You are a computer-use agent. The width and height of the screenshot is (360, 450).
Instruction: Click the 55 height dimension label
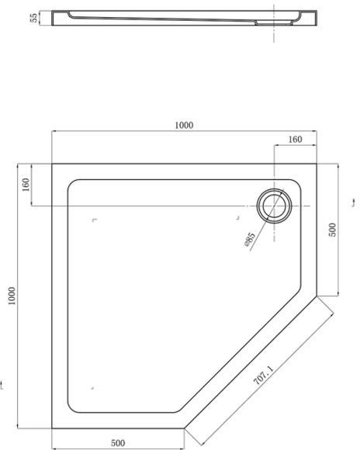pos(35,18)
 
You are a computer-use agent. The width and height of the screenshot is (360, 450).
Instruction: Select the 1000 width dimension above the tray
pos(184,126)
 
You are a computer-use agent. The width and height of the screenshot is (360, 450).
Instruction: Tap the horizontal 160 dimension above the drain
pos(294,140)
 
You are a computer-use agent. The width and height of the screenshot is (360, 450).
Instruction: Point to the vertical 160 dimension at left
pos(26,185)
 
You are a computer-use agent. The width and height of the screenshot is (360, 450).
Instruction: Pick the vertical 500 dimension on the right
pos(332,230)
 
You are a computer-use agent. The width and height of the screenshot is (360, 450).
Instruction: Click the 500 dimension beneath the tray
pos(117,443)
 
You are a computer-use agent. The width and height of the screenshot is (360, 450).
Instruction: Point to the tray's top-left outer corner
pos(52,163)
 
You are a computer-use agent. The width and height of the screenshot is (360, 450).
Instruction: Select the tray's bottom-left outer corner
pos(52,427)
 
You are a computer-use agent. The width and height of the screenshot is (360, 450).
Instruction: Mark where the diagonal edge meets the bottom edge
pos(184,427)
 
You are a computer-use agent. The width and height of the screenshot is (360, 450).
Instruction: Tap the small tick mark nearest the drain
pos(241,218)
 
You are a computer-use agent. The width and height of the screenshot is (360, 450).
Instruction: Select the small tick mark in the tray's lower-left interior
pos(93,387)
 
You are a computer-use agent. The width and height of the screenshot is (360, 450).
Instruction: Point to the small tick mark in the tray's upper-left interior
pos(95,221)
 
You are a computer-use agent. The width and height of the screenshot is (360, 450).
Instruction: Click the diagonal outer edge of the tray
pos(249,362)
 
